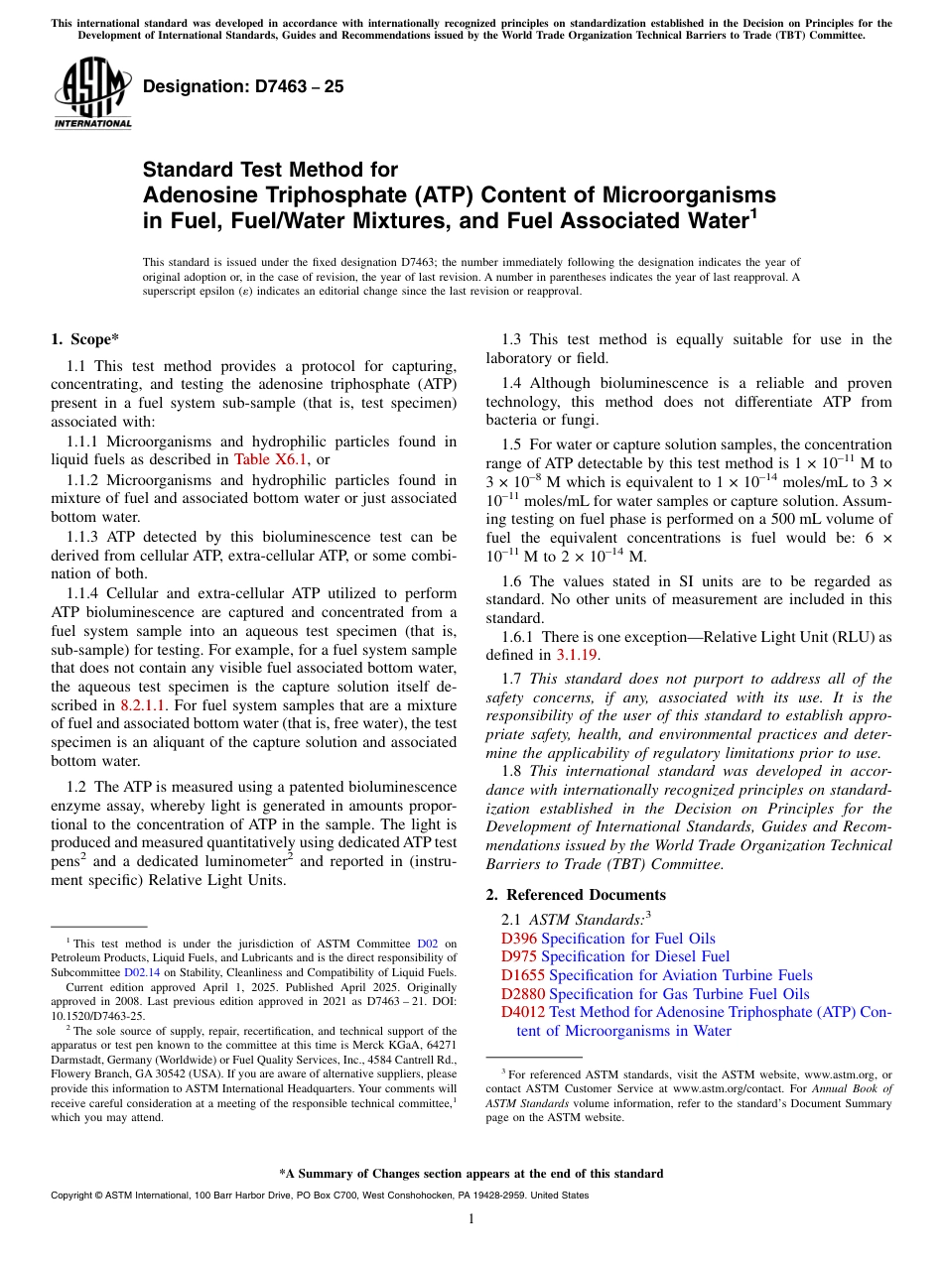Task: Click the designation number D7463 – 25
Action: tap(243, 87)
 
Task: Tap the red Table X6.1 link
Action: tap(271, 459)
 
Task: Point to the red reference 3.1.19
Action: tap(577, 655)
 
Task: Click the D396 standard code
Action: tap(519, 939)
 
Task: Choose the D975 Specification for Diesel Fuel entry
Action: tap(615, 956)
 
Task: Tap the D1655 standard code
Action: tap(523, 975)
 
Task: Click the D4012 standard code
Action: tap(523, 1012)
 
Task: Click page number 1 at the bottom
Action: tap(471, 1219)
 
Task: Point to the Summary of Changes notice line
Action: tap(471, 1174)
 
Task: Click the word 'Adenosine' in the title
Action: tap(199, 194)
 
